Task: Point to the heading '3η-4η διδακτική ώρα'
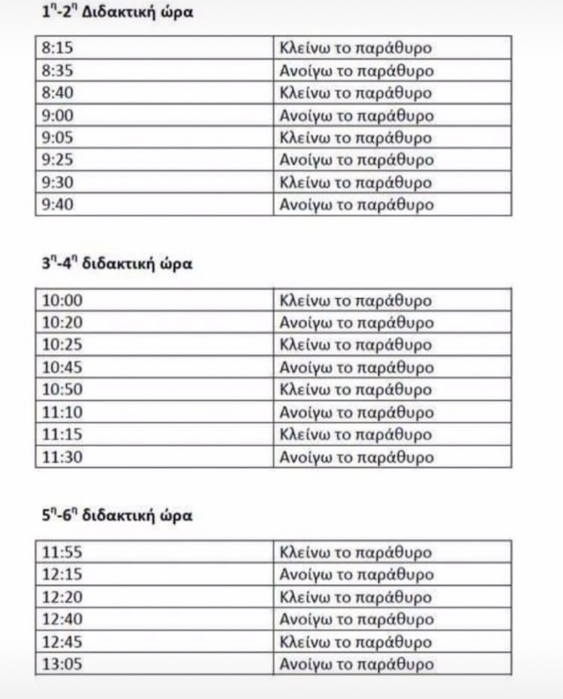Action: point(117,264)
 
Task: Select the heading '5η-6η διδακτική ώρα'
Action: point(117,516)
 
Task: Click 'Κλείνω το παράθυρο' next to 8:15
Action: point(355,47)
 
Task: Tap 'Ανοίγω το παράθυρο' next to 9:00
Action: point(355,115)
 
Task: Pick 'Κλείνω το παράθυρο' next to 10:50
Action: point(355,390)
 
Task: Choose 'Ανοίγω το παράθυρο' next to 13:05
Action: point(355,665)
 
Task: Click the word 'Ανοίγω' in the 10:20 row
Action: point(303,323)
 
